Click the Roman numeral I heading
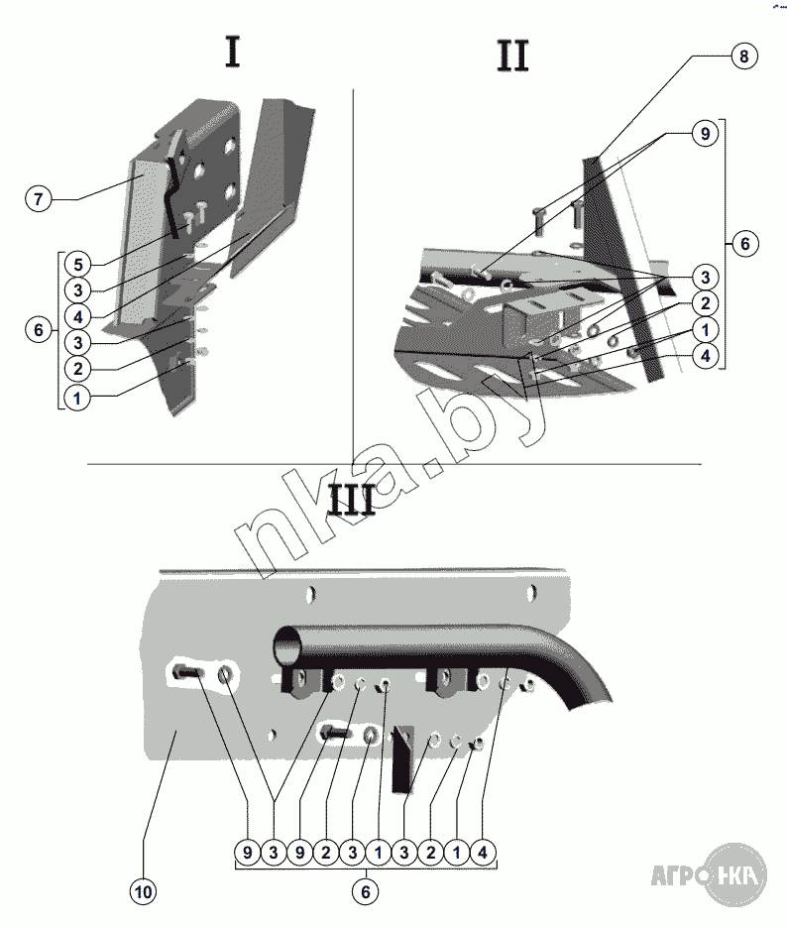[232, 51]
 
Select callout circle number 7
[39, 199]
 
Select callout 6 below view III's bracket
[366, 892]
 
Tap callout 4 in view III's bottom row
[483, 851]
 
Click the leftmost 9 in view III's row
[248, 851]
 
